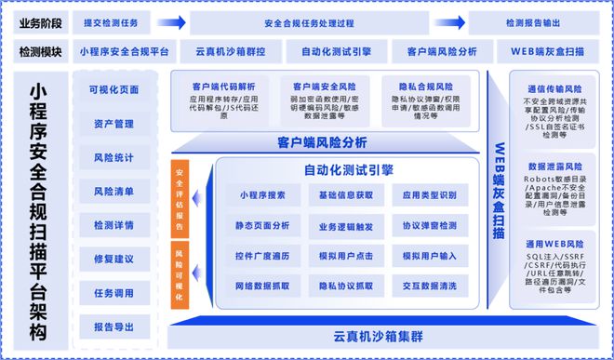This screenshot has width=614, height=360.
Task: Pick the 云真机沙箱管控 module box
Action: pos(222,53)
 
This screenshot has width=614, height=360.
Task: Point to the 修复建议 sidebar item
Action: pos(113,258)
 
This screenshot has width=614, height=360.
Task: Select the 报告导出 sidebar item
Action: pos(113,326)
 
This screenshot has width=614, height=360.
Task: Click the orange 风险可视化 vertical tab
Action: pos(179,275)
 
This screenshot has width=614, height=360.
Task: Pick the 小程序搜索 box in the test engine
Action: pos(263,195)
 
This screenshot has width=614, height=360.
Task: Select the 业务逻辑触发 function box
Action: pos(345,226)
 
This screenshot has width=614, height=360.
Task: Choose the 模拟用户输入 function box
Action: pos(429,256)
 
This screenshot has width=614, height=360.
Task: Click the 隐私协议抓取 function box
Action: pos(345,286)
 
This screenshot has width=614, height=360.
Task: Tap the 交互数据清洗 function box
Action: pos(429,286)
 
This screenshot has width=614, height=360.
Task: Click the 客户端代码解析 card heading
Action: pos(224,86)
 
